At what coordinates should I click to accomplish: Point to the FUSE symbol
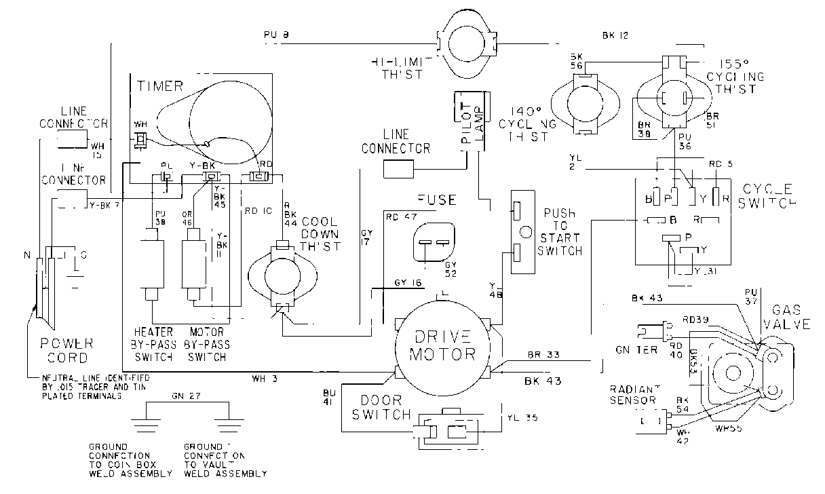click(x=432, y=242)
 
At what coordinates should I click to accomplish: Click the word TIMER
click(x=160, y=86)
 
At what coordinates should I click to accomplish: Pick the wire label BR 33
click(x=543, y=354)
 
